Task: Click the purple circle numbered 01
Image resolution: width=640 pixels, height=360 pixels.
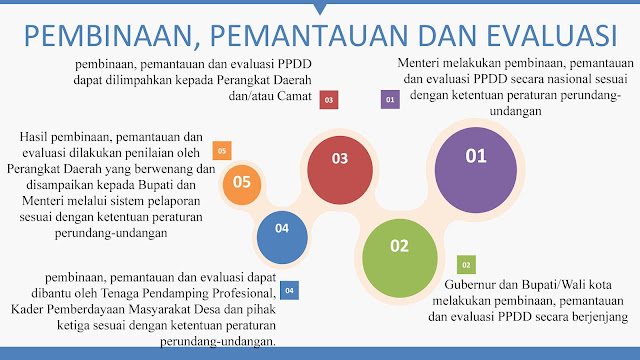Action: tap(476, 170)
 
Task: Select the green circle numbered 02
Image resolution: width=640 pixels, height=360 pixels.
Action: tap(400, 258)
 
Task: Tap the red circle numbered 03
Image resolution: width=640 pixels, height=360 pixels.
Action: tap(340, 170)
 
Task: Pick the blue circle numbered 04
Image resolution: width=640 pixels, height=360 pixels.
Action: tap(282, 237)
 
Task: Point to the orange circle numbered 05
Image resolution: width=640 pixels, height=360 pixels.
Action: tap(242, 185)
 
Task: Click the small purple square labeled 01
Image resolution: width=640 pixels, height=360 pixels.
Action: tap(390, 100)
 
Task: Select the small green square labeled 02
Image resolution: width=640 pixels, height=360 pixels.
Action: tap(466, 265)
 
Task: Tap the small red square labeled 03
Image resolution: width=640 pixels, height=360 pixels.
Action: tap(329, 100)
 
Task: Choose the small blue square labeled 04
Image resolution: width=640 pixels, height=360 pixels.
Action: tap(289, 291)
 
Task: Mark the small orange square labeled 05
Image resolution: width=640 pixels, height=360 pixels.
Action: tap(222, 151)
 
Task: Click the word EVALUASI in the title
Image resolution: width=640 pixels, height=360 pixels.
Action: tap(552, 36)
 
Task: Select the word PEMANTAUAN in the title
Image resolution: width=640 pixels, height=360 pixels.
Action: tap(309, 36)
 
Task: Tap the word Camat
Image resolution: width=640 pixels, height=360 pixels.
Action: tap(294, 96)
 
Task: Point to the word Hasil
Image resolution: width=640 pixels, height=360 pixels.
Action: tap(33, 136)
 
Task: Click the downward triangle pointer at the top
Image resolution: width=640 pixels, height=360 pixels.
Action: tap(320, 9)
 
